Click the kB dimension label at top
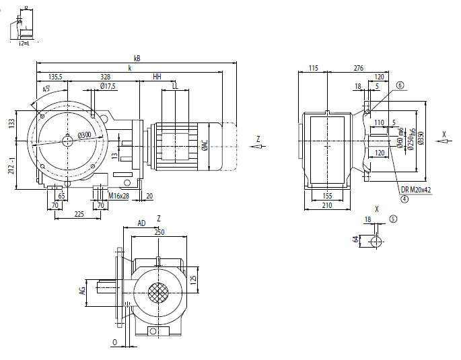[x=137, y=59]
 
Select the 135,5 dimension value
[x=56, y=77]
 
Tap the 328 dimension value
[x=105, y=77]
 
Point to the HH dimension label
[x=157, y=77]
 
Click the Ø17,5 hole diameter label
[x=108, y=86]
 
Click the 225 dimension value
[x=79, y=214]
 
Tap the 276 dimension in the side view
[x=358, y=68]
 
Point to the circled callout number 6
[x=400, y=85]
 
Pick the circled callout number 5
[x=394, y=218]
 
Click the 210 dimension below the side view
[x=326, y=205]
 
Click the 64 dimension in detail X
[x=355, y=240]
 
